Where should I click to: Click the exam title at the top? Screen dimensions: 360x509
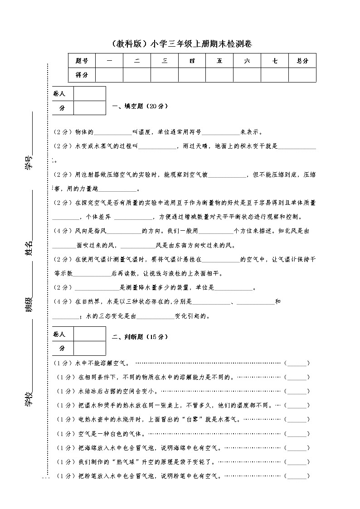coord(180,44)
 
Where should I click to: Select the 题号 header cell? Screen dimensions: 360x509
coord(82,61)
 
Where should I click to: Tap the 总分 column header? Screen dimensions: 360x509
coord(302,61)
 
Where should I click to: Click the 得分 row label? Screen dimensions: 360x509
coord(82,74)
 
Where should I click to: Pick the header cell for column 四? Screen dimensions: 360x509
coord(192,61)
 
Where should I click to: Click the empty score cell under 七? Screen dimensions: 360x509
coord(275,74)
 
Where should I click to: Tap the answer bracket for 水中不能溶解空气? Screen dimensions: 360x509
coord(297,363)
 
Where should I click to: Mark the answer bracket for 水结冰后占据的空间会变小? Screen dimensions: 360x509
coord(297,391)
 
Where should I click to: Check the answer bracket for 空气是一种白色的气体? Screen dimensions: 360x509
coord(297,434)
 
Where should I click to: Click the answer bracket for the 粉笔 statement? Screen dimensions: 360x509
coord(297,476)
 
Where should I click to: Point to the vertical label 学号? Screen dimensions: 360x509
coord(29,162)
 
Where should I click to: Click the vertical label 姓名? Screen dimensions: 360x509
coord(29,249)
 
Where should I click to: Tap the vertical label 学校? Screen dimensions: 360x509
coord(29,399)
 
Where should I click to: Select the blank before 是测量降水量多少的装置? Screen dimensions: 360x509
coord(97,288)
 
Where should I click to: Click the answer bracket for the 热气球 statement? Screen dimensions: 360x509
coord(297,462)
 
